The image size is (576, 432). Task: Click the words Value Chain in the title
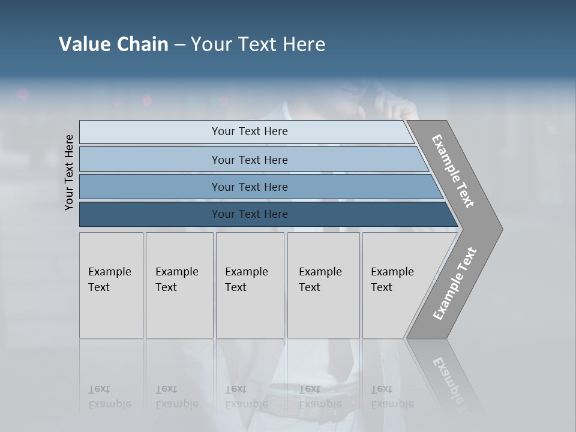coord(113,44)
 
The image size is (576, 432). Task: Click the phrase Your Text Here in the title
coord(258,44)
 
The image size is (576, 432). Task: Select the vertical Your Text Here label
coord(70,172)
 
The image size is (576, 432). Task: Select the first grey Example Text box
coord(111,285)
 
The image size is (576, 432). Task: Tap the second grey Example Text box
coord(179,285)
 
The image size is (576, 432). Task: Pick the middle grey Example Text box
coord(250,285)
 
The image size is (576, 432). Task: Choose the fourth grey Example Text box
coord(323,285)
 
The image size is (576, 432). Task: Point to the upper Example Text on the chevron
coord(453,171)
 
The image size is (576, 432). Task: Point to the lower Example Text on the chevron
coord(455,283)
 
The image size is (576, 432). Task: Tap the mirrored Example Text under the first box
coord(109,397)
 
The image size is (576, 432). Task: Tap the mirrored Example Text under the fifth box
coord(392,397)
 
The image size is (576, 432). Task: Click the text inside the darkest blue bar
coord(250,214)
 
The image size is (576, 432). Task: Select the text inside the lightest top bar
coord(250,131)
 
